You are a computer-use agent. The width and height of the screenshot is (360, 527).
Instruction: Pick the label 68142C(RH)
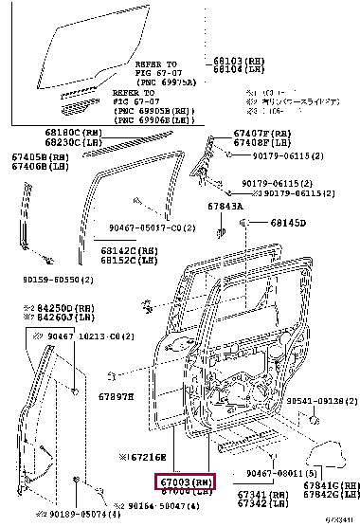click(129, 249)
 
